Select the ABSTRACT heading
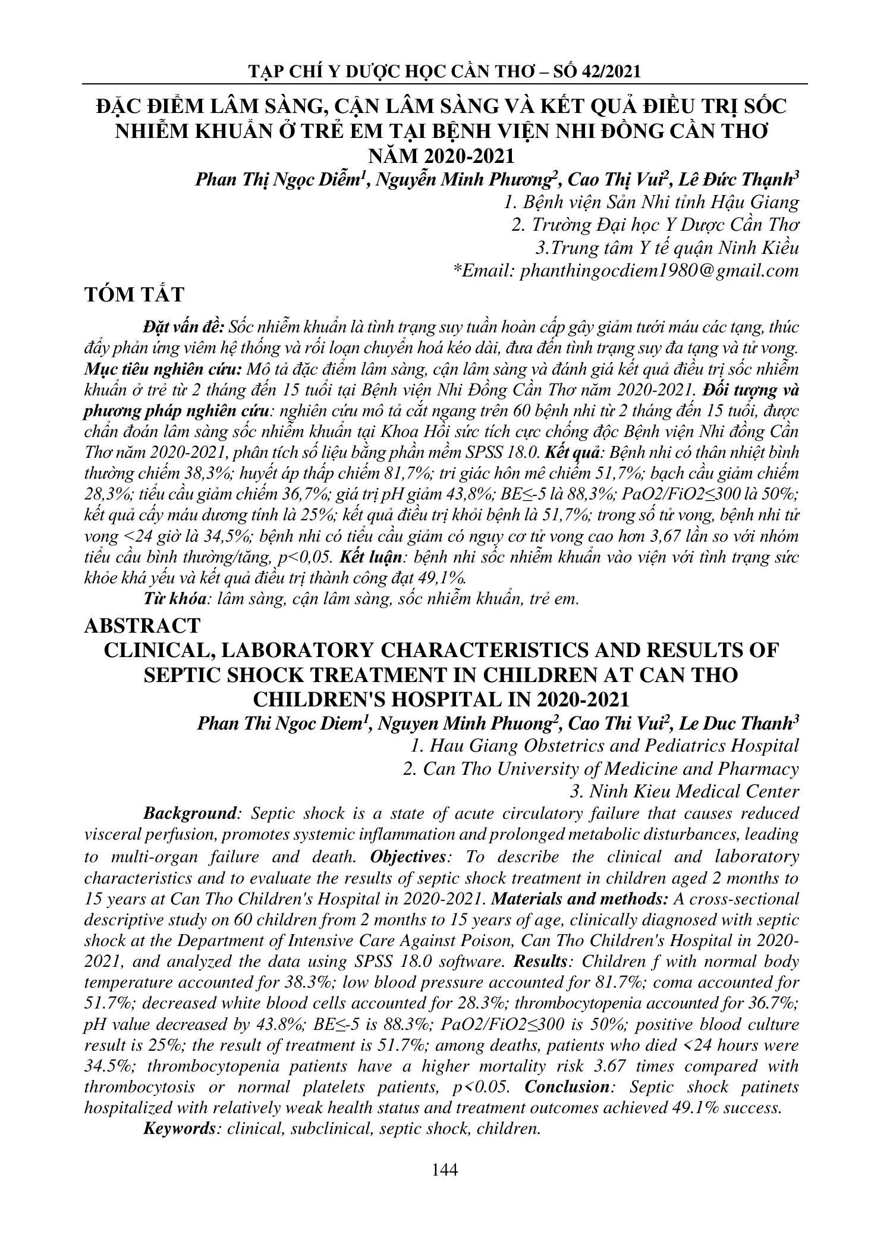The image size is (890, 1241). click(143, 625)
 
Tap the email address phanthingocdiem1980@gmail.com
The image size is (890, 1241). click(659, 271)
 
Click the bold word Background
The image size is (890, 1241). click(187, 813)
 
